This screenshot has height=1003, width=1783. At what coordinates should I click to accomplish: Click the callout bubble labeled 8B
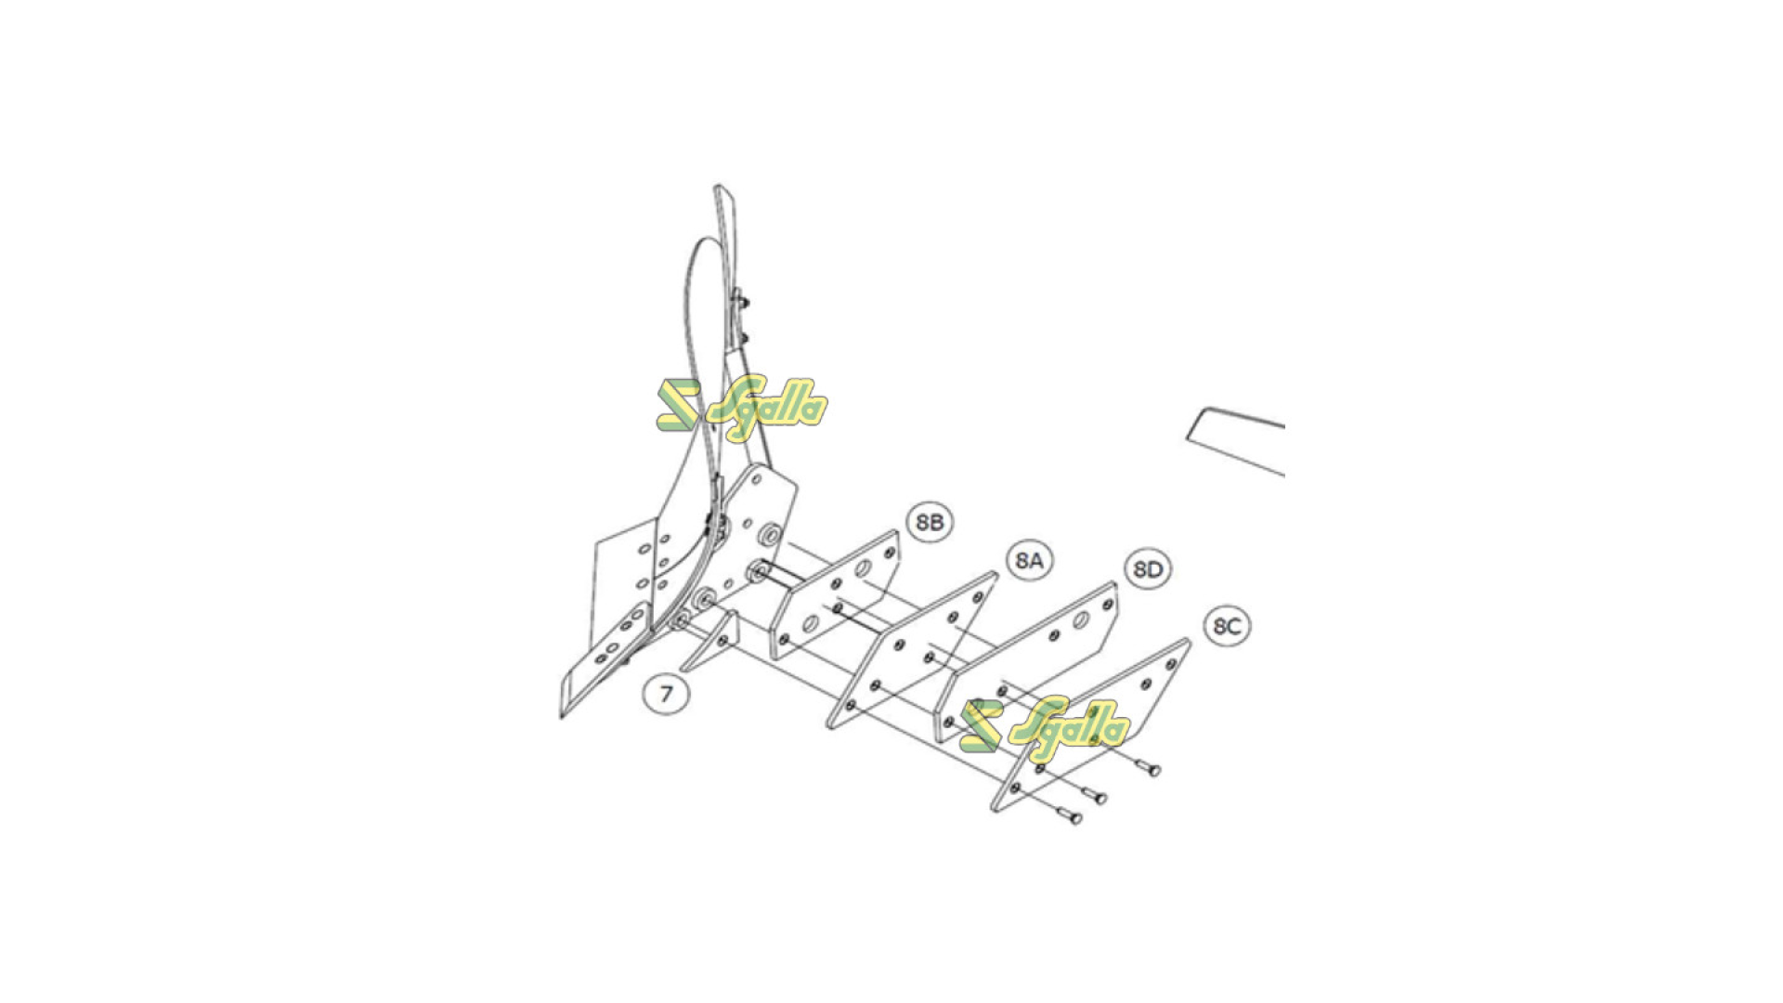[930, 523]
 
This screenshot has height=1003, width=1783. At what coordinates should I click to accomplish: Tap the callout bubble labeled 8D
[1149, 569]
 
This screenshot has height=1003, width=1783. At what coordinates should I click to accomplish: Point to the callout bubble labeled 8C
[1227, 626]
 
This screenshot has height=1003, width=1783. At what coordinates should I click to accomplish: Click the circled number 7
[666, 694]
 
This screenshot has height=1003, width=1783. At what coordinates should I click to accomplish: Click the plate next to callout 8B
[835, 594]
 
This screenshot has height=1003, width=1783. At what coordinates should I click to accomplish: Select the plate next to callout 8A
[911, 651]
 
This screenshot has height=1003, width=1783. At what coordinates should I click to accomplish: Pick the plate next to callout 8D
[1031, 660]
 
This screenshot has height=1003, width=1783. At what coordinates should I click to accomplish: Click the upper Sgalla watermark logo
[741, 405]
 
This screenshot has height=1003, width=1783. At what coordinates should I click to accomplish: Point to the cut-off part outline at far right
[1236, 441]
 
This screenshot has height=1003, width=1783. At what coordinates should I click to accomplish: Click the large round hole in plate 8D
[1081, 619]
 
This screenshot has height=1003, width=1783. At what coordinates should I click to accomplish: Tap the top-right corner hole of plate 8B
[889, 553]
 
